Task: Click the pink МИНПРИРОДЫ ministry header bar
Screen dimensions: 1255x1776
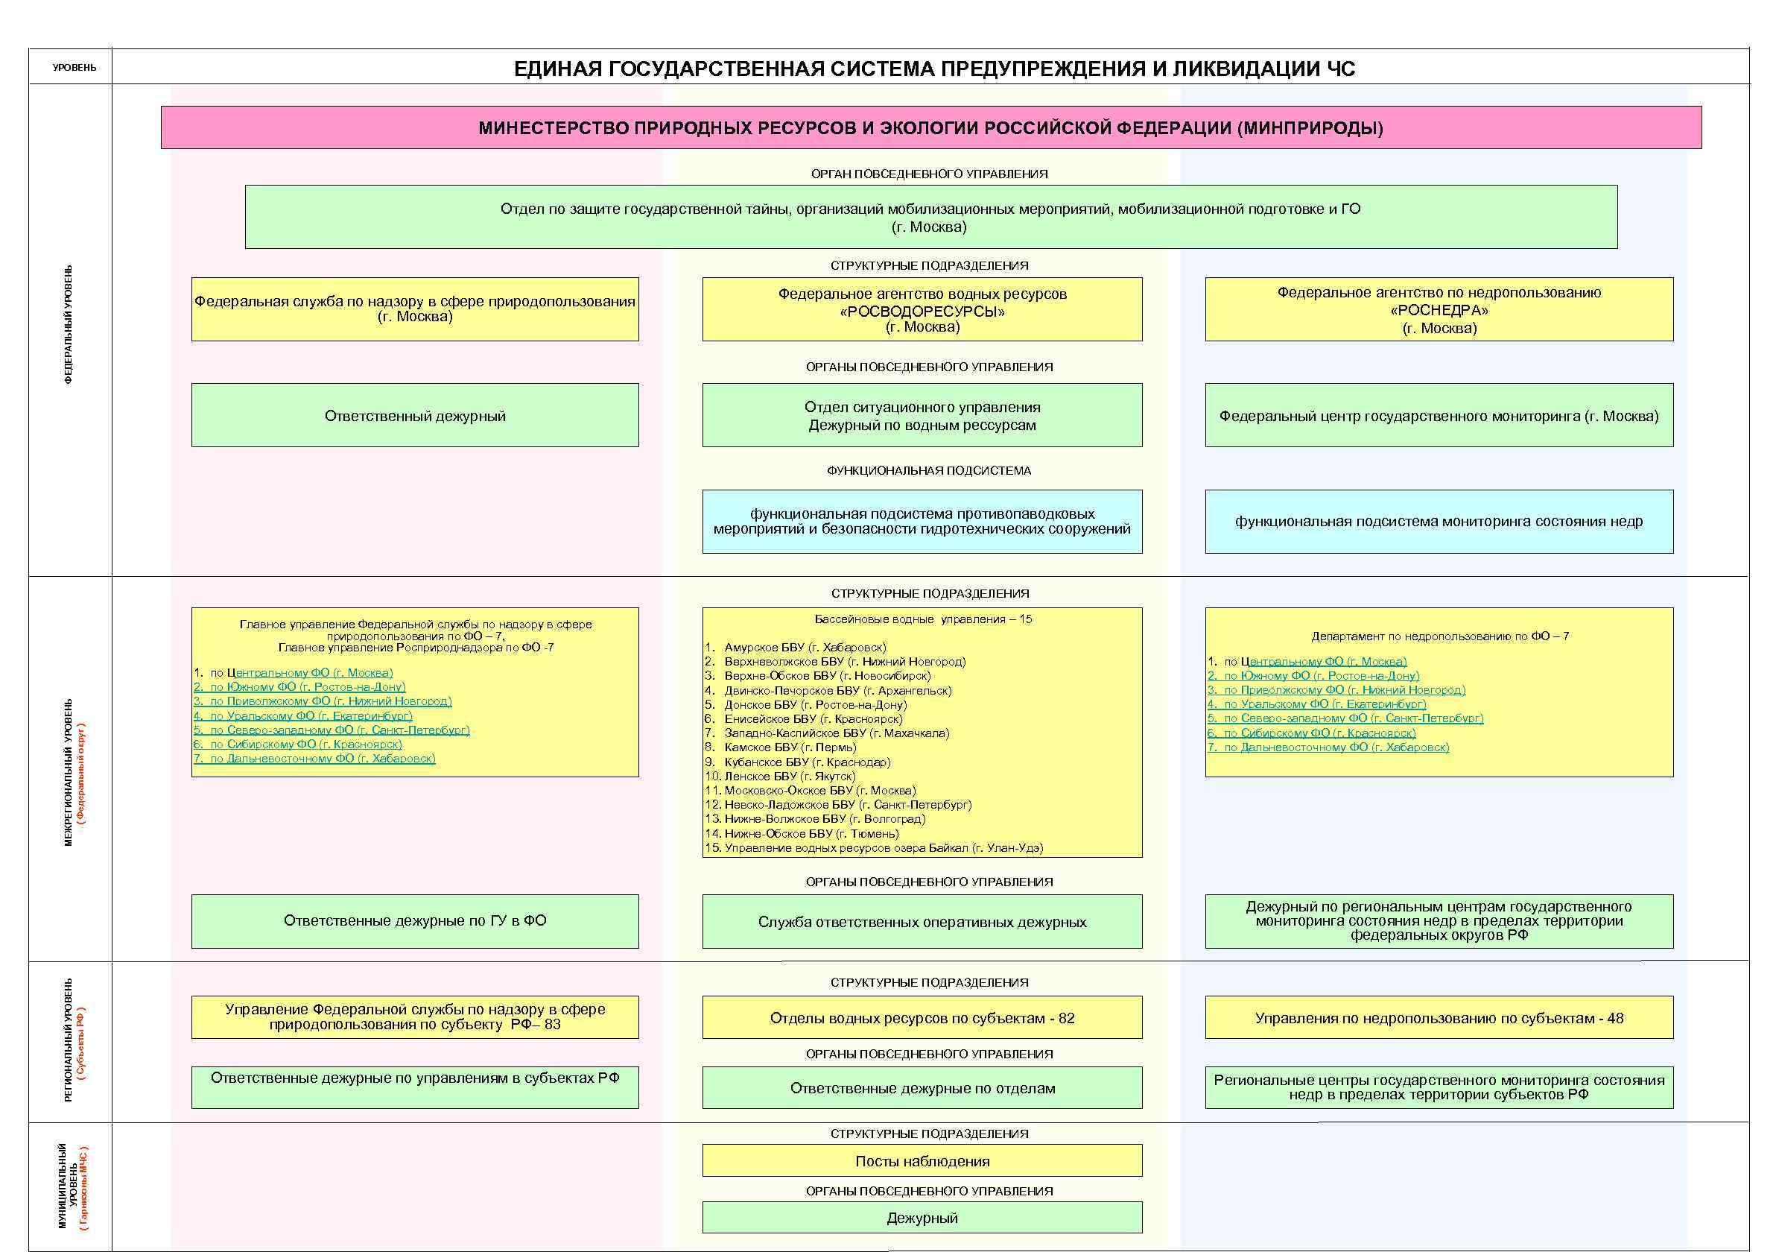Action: click(x=930, y=127)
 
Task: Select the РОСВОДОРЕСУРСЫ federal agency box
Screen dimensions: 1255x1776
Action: click(x=922, y=309)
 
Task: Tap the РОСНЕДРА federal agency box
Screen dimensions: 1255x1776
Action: click(x=1439, y=309)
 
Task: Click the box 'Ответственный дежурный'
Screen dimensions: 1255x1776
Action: click(x=415, y=416)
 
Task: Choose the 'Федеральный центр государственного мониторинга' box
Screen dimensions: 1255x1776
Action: click(x=1439, y=416)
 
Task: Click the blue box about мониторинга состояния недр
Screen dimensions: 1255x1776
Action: click(x=1439, y=522)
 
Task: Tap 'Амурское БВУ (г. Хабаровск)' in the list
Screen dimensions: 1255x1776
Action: click(x=805, y=647)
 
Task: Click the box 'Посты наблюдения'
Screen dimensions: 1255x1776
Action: click(x=922, y=1160)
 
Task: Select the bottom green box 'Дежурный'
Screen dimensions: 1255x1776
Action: click(x=922, y=1218)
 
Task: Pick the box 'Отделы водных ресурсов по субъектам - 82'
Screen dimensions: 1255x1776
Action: click(x=922, y=1018)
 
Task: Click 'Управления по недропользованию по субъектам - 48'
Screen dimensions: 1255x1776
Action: click(x=1439, y=1018)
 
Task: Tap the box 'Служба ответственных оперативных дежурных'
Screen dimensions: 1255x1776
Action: click(x=922, y=923)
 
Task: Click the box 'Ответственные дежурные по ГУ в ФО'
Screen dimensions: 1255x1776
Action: click(x=415, y=920)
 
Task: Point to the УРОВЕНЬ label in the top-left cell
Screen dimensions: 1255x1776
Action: click(x=74, y=68)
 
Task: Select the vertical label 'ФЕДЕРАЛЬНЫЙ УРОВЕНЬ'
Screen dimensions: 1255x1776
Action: click(x=69, y=325)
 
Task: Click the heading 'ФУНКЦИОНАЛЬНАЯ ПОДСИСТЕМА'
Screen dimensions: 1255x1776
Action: click(x=928, y=470)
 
